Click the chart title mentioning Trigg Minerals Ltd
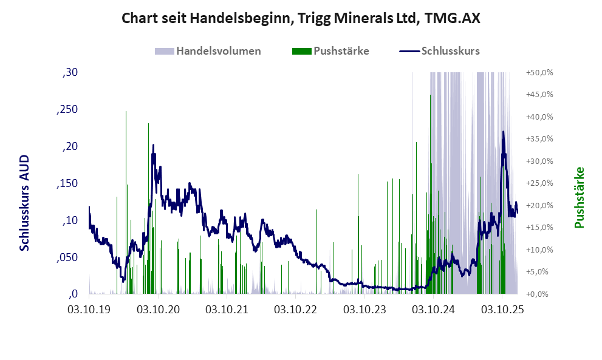[301, 18]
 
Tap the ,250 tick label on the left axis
[67, 110]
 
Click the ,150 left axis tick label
[67, 184]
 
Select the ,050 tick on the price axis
[67, 257]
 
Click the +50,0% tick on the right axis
[539, 73]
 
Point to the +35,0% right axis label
[539, 139]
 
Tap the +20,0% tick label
[539, 206]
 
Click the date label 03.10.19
[89, 310]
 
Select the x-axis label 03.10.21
[227, 310]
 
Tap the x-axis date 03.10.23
[364, 310]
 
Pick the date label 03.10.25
[502, 310]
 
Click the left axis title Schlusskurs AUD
[25, 203]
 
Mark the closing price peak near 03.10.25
[503, 132]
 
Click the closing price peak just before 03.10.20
[153, 145]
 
